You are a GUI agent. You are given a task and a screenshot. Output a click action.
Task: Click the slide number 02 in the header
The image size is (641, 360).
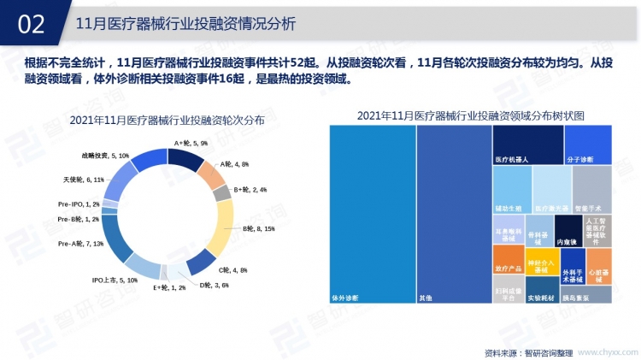[31, 24]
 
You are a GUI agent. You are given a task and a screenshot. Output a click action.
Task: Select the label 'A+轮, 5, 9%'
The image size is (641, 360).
[191, 143]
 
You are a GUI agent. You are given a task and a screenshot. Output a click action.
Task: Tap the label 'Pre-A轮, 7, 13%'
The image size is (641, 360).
[80, 244]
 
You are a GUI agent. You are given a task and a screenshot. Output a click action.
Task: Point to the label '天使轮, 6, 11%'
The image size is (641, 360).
[84, 180]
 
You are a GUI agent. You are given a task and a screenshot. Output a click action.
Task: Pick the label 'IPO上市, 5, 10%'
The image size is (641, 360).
[114, 280]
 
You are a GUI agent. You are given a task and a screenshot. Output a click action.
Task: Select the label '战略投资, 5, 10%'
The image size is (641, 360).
[105, 156]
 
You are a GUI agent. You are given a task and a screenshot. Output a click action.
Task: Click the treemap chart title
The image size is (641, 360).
[470, 115]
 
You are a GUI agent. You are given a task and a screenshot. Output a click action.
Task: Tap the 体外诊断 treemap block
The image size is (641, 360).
[370, 214]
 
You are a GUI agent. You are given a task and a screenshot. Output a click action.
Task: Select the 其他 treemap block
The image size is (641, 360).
[453, 214]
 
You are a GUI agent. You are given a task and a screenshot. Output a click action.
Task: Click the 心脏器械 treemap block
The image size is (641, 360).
[598, 265]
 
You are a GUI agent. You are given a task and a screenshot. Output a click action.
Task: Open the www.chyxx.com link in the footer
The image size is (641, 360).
[604, 351]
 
